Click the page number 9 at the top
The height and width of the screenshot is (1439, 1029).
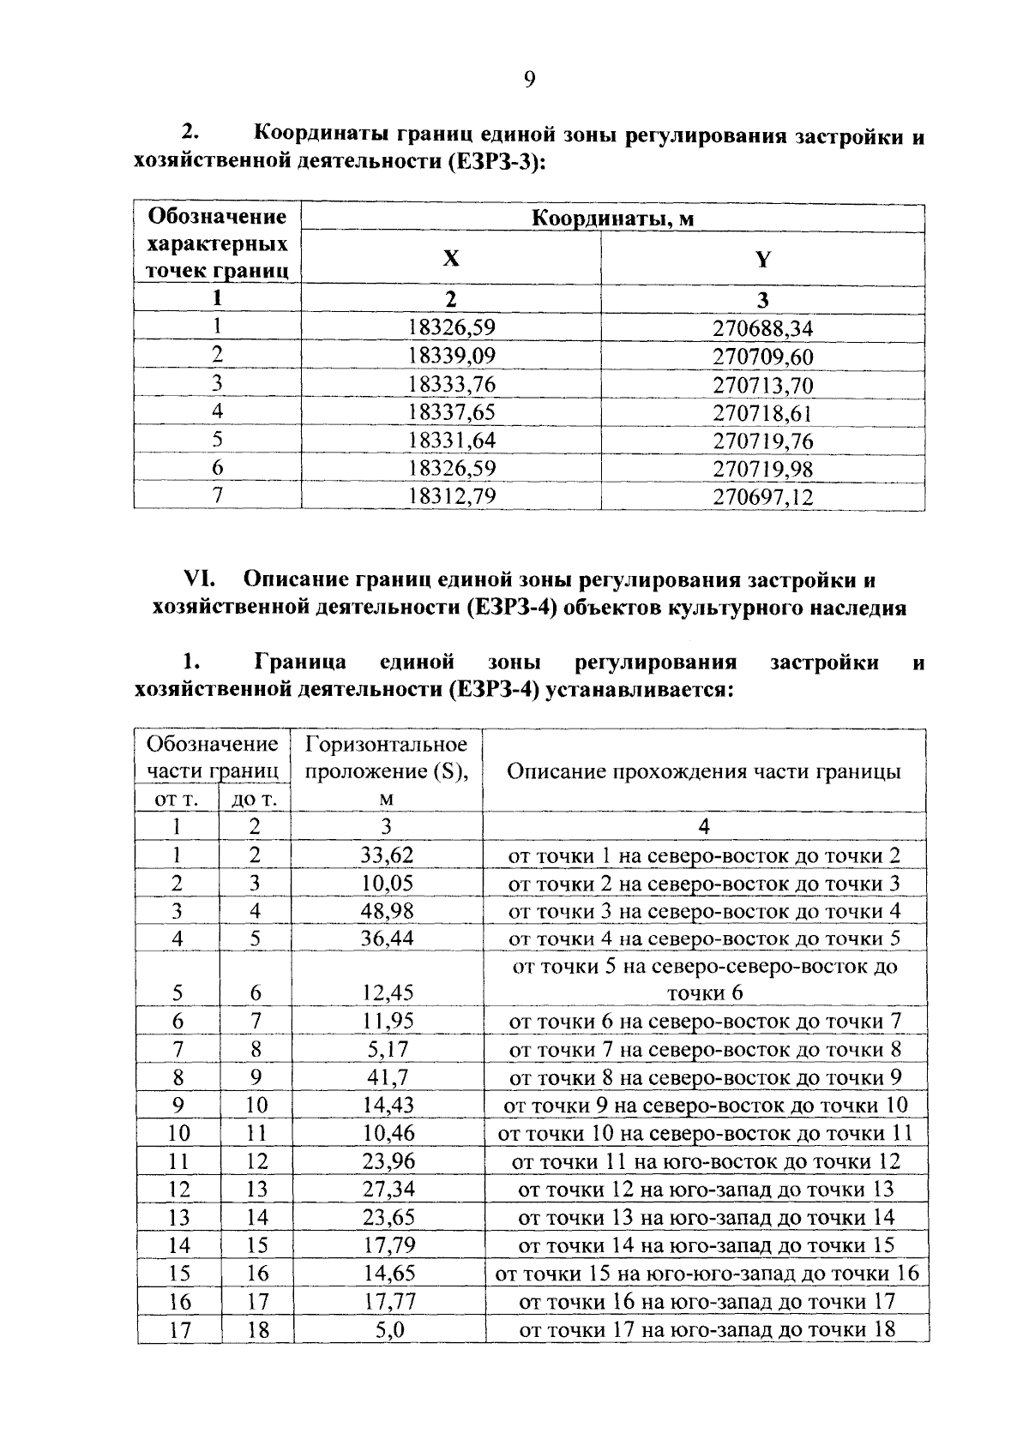click(x=528, y=80)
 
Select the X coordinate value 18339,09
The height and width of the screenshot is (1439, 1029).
click(x=452, y=356)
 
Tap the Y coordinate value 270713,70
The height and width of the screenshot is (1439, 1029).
click(x=762, y=384)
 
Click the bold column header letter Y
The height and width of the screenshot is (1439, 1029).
click(x=762, y=259)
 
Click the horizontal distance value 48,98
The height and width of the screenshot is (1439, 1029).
click(x=387, y=910)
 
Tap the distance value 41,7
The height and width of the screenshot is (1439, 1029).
click(x=387, y=1077)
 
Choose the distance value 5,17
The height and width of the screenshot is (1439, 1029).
click(x=387, y=1049)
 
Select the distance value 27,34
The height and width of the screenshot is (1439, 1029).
click(x=387, y=1189)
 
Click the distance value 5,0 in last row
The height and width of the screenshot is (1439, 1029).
click(x=387, y=1329)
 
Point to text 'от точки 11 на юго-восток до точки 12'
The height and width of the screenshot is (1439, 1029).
click(x=706, y=1161)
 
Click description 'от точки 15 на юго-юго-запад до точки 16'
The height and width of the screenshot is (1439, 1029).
click(x=706, y=1273)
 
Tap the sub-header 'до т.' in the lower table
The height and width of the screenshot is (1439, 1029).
click(x=255, y=800)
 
